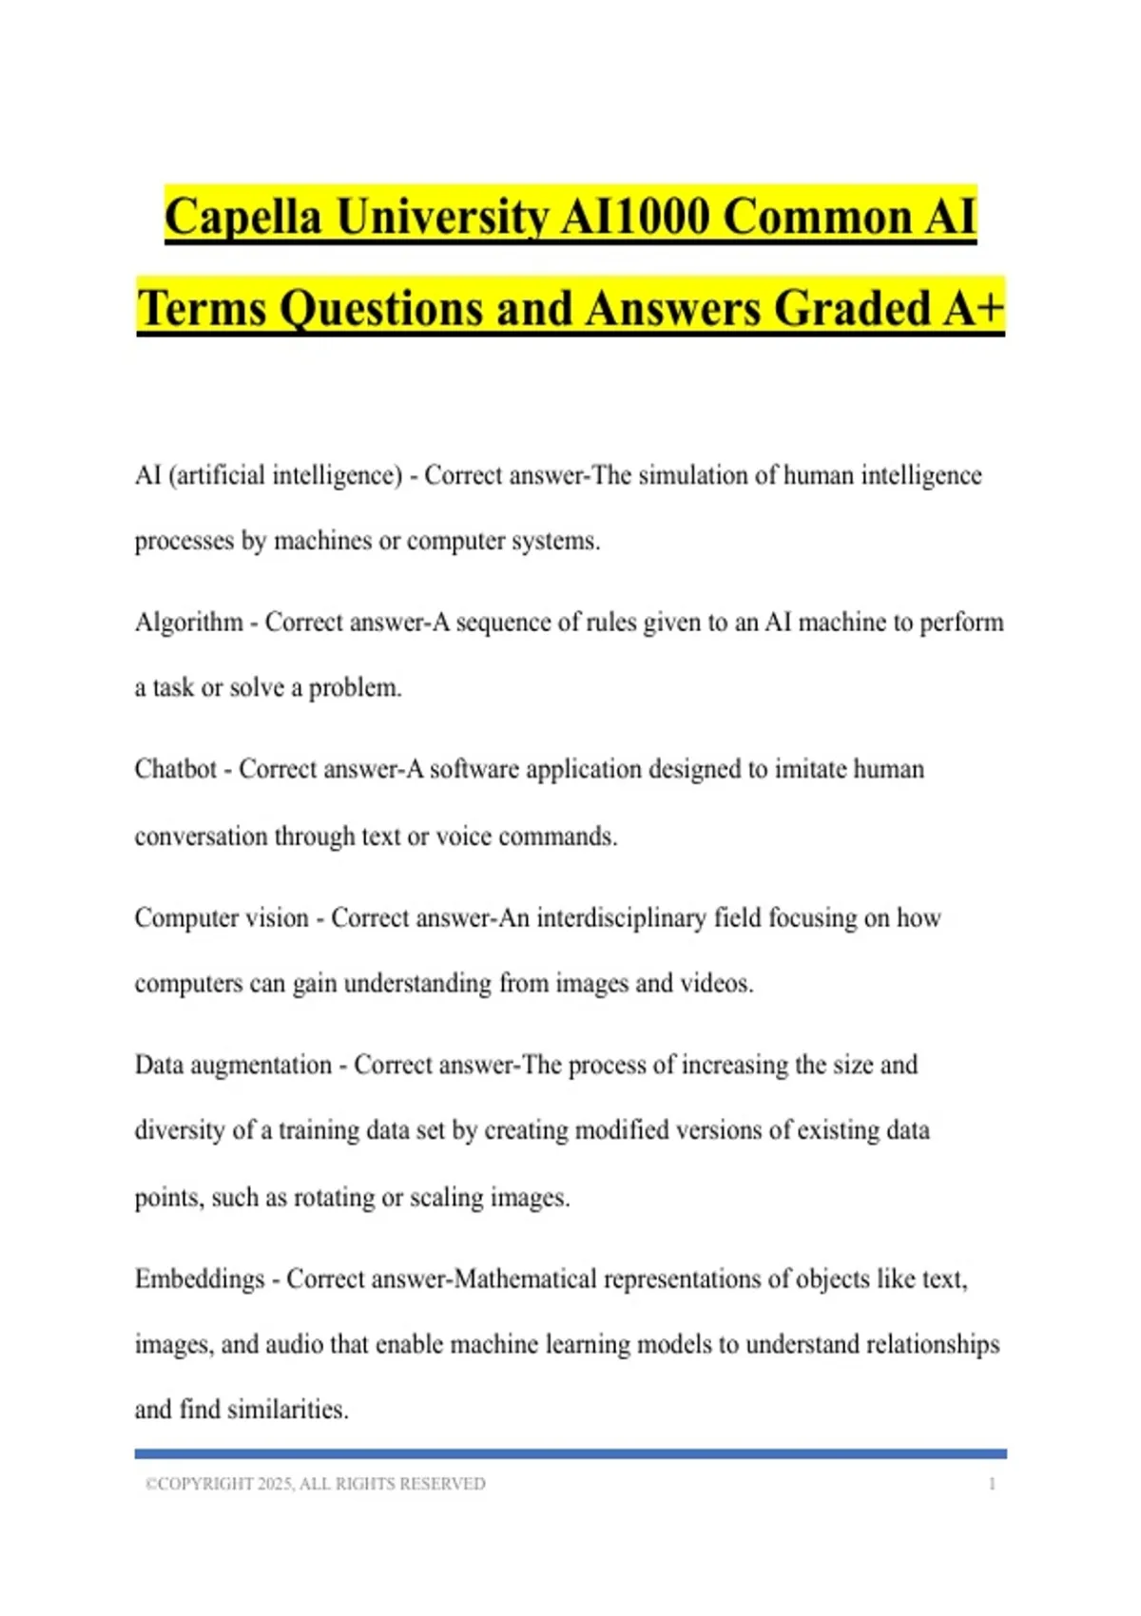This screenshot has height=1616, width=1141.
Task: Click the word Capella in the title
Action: [x=242, y=216]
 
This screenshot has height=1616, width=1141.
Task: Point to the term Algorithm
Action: [x=189, y=622]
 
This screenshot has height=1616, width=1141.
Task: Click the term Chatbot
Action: [x=176, y=768]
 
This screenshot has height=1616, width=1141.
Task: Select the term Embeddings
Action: [x=200, y=1279]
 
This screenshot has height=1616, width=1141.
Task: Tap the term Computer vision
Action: [x=222, y=917]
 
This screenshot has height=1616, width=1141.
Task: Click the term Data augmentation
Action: [x=233, y=1065]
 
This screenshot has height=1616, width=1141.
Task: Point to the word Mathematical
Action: [x=525, y=1279]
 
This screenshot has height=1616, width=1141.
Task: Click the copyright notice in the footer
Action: [x=315, y=1484]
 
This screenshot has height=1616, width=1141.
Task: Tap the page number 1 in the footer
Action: [x=992, y=1484]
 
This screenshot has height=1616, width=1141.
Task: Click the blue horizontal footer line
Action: [x=570, y=1453]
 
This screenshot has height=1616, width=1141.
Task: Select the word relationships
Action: [x=919, y=1344]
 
